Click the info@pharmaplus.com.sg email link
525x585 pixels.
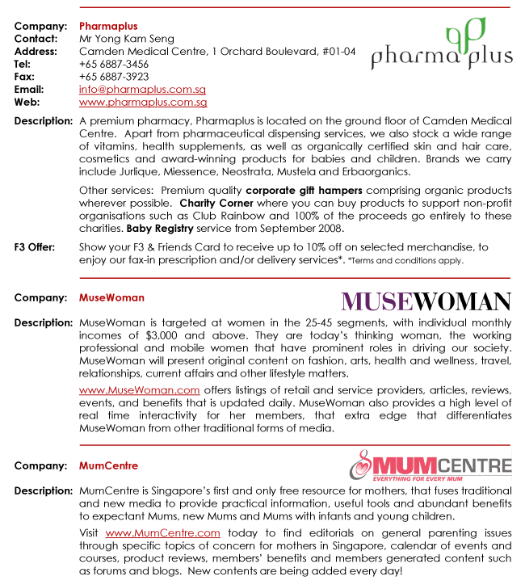pyautogui.click(x=142, y=90)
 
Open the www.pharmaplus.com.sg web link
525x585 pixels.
pyautogui.click(x=143, y=103)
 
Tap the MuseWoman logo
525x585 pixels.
pyautogui.click(x=426, y=301)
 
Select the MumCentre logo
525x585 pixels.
pyautogui.click(x=430, y=466)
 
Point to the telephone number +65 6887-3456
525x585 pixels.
pyautogui.click(x=114, y=64)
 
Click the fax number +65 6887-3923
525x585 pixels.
pyautogui.click(x=114, y=77)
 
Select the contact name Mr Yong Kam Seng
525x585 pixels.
pyautogui.click(x=127, y=39)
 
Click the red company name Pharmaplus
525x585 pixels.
pyautogui.click(x=108, y=26)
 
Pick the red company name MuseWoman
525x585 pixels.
pyautogui.click(x=111, y=297)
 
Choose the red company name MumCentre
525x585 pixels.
pyautogui.click(x=108, y=465)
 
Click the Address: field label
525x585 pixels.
pyautogui.click(x=36, y=51)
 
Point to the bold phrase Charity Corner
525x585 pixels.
pyautogui.click(x=215, y=203)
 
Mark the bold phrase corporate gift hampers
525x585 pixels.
pyautogui.click(x=290, y=190)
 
